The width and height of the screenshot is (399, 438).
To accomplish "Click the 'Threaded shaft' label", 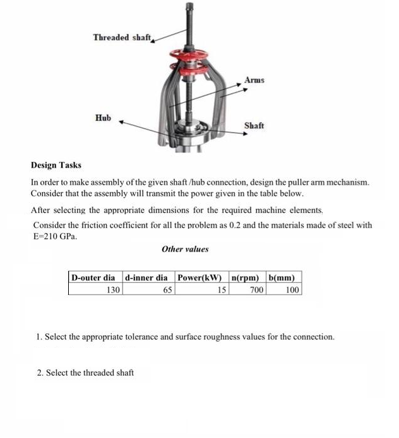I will pos(122,37).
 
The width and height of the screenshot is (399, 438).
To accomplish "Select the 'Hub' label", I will pos(103,118).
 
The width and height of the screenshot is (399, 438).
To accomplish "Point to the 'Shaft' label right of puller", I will pos(254,125).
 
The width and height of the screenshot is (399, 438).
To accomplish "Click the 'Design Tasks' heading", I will pos(56,165).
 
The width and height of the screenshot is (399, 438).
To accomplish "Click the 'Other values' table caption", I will pos(185,249).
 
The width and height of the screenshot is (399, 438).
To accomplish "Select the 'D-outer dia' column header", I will pos(94,277).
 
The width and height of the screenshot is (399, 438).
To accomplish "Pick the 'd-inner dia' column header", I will pos(147,277).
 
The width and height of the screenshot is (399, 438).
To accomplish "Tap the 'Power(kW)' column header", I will pos(201,277).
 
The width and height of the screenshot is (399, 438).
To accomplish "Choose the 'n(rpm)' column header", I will pos(247,277).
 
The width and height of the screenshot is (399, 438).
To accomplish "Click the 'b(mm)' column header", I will pos(283,277).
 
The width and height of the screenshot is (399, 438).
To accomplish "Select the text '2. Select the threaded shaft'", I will pos(85,372).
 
